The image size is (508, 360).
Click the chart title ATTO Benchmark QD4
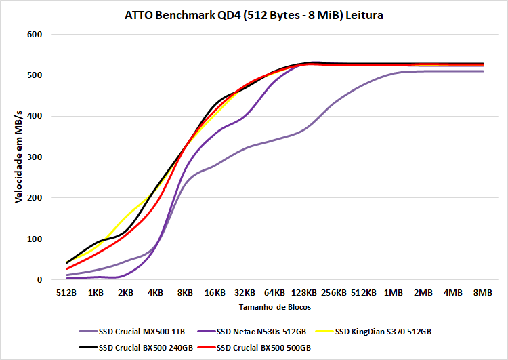[x=254, y=14]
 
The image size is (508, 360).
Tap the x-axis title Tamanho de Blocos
[x=274, y=307]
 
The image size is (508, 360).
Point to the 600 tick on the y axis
[x=34, y=34]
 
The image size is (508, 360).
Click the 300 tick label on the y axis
[x=34, y=157]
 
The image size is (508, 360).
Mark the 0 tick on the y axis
[x=39, y=280]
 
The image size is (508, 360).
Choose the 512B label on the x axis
[x=66, y=293]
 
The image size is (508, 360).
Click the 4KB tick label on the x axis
[x=155, y=293]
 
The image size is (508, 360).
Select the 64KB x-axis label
[x=274, y=293]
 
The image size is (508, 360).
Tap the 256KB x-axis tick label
[x=334, y=293]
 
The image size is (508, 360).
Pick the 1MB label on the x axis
[x=394, y=293]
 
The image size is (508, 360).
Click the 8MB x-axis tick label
[x=483, y=293]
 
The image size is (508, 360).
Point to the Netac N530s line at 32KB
[x=245, y=117]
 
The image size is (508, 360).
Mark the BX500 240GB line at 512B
[x=66, y=262]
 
